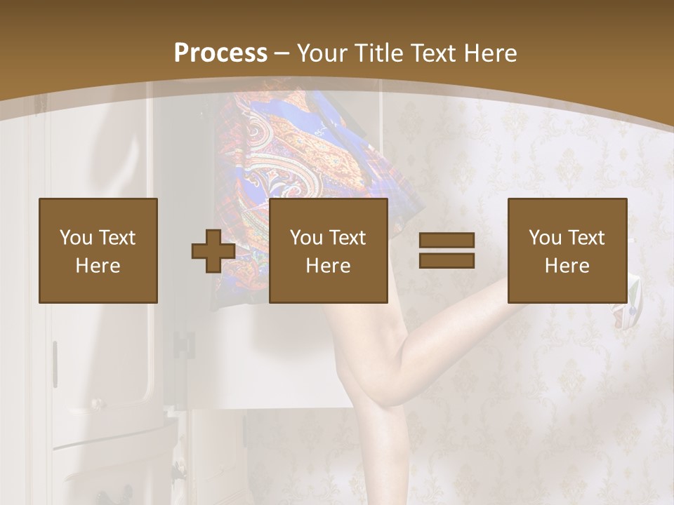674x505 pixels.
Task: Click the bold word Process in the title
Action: point(220,53)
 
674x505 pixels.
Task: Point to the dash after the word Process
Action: point(282,54)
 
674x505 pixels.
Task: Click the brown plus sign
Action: point(213,251)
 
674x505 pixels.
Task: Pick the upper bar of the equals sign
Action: point(447,241)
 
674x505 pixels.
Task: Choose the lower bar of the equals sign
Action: point(447,260)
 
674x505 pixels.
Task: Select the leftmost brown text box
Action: point(98,250)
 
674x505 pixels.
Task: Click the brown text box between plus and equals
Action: point(328,250)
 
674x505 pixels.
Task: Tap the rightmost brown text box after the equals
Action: point(567,250)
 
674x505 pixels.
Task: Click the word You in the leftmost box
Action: point(74,238)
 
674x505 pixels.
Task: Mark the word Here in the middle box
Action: point(328,266)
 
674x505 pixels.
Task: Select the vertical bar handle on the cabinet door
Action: point(55,364)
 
